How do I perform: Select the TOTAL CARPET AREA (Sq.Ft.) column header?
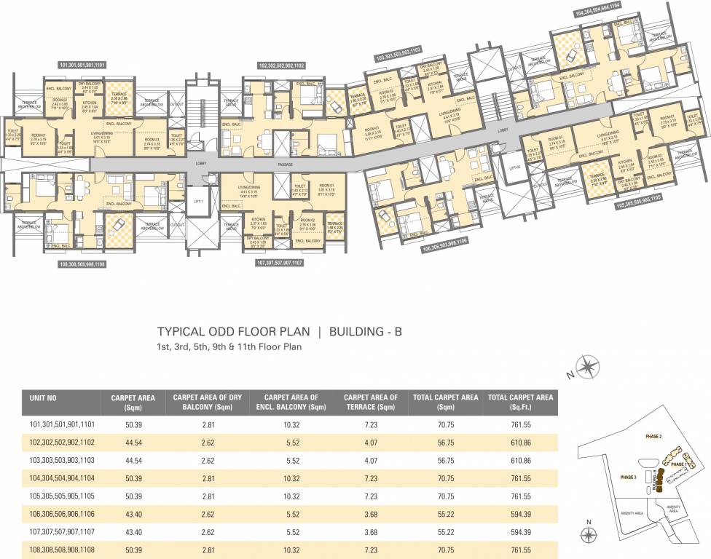(x=520, y=402)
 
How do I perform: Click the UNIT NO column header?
(x=47, y=397)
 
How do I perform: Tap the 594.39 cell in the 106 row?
(x=520, y=513)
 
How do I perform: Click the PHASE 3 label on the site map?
(x=629, y=477)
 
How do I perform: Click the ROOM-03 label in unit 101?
(x=151, y=140)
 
